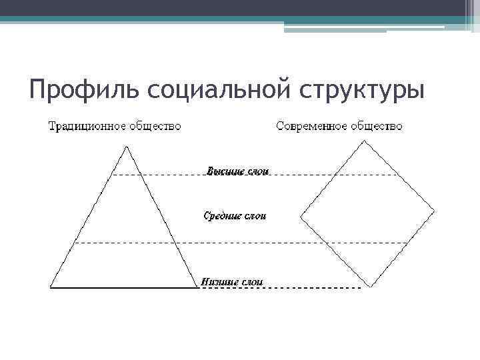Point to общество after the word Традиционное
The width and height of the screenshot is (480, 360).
[x=155, y=127]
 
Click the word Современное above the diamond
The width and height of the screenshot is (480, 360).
[x=311, y=127]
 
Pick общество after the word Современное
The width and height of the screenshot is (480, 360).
[x=377, y=127]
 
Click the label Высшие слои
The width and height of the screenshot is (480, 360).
[x=237, y=171]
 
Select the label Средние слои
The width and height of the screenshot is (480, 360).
[x=235, y=216]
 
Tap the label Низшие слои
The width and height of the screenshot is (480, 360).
[x=233, y=282]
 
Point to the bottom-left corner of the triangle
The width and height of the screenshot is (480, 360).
[x=51, y=287]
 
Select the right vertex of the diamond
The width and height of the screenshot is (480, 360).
[x=435, y=211]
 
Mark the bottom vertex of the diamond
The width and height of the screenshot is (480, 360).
[x=370, y=286]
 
